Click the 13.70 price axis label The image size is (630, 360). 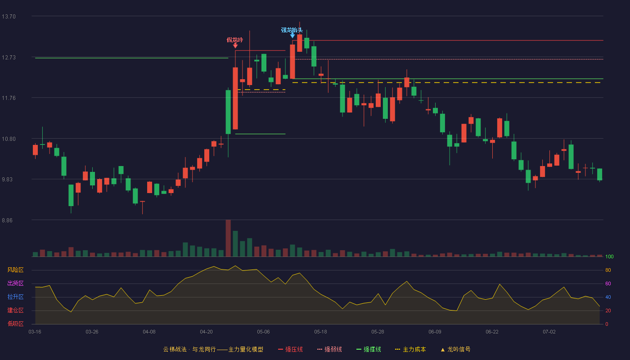(9, 17)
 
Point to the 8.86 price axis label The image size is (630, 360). (7, 220)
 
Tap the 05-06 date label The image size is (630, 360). (263, 332)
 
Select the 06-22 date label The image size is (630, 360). (492, 332)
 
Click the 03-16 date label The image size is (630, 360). (35, 332)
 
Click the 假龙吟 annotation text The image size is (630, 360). (235, 40)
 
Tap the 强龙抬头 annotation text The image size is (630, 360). (292, 30)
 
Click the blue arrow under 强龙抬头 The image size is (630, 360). (292, 36)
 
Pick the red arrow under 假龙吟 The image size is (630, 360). (235, 45)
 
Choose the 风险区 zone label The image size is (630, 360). (15, 270)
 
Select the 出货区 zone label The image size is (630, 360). (15, 283)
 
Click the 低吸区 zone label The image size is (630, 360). (15, 324)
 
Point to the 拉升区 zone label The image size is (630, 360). (15, 297)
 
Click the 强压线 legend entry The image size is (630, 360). (290, 349)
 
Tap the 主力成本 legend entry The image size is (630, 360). (410, 349)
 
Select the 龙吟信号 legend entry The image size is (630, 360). (455, 349)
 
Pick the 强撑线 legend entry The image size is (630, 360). (369, 349)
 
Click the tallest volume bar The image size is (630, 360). (228, 238)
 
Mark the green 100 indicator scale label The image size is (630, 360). (609, 256)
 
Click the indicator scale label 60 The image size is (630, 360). (608, 283)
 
